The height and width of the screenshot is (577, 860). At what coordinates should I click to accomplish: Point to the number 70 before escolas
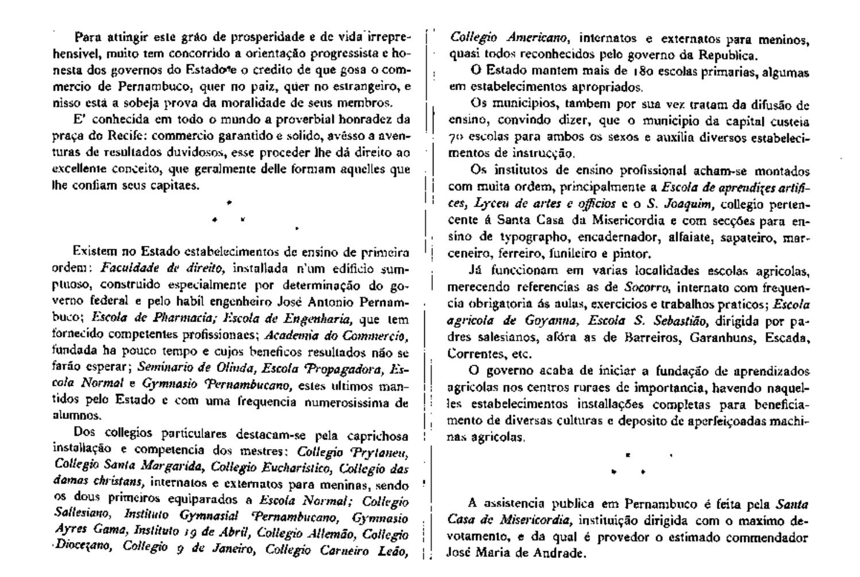tap(457, 138)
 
